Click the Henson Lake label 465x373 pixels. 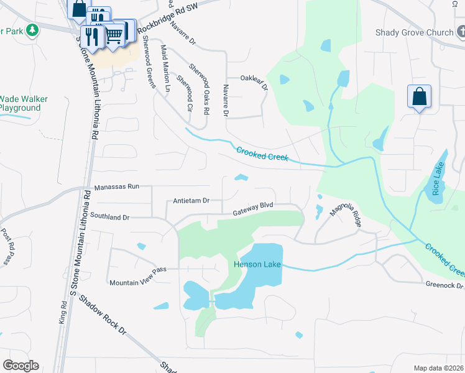click(257, 264)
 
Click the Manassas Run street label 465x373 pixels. click(117, 186)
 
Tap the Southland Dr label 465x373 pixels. click(109, 218)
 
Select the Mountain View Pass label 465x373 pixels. click(139, 283)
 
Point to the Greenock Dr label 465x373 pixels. click(444, 286)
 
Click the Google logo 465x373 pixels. click(21, 366)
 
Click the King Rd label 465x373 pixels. click(63, 311)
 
